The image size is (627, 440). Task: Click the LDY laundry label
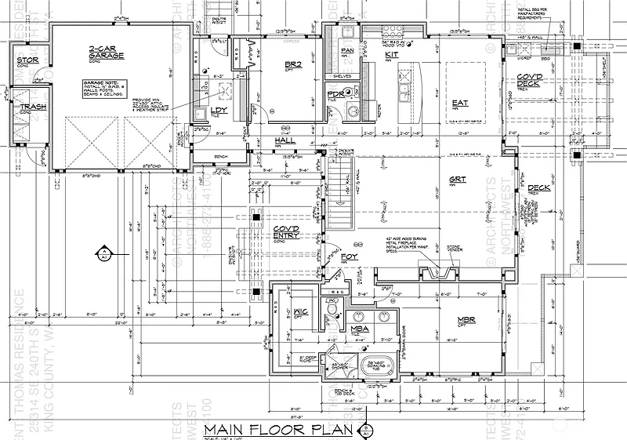tap(219, 110)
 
